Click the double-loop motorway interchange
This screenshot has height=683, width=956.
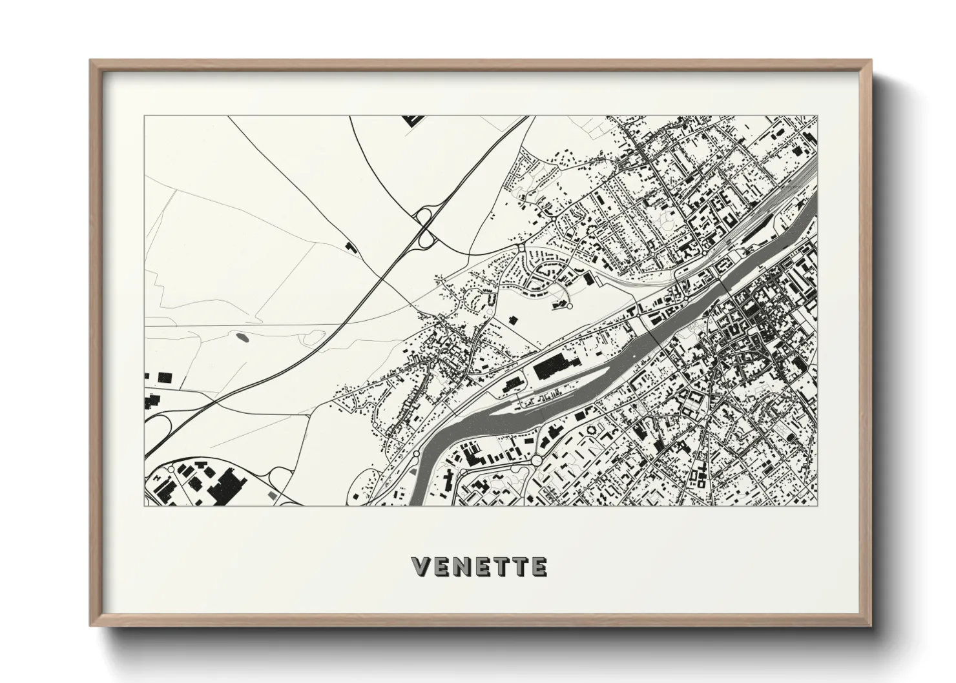(426, 227)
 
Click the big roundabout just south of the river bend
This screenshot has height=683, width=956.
(537, 460)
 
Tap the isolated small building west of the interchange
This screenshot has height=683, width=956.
(351, 246)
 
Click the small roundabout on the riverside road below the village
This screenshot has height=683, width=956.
(416, 456)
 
